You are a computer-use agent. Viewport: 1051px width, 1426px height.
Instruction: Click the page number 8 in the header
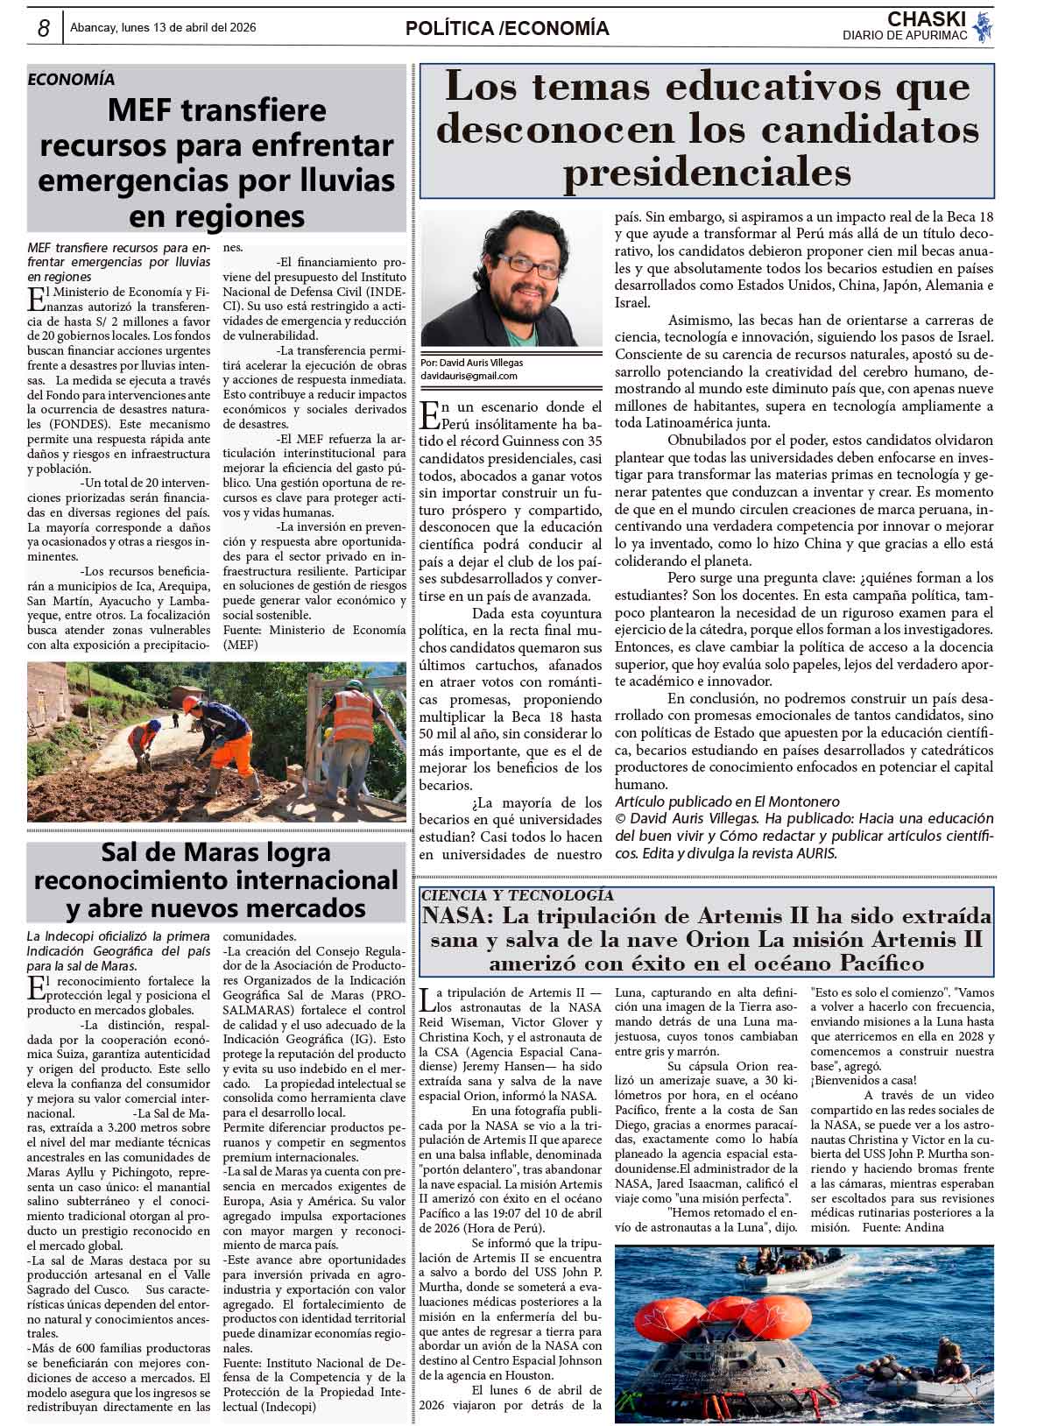tap(43, 29)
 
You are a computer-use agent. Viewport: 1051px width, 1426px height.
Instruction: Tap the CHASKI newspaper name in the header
tap(926, 19)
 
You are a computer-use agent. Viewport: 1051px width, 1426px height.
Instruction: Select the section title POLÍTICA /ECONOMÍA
tap(507, 29)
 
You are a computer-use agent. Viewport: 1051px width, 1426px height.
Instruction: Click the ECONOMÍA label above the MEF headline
tap(71, 79)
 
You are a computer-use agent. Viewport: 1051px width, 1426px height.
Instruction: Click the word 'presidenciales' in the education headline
tap(707, 173)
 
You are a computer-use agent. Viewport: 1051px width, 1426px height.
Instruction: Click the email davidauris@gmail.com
tap(469, 376)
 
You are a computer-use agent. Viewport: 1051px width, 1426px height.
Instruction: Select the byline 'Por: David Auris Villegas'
tap(472, 363)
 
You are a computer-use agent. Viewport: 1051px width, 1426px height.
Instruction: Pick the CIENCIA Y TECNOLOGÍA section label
tap(517, 895)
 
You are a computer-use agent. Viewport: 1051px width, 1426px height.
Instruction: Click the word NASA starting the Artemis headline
tap(455, 917)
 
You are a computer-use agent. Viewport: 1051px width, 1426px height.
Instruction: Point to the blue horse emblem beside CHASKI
tap(983, 26)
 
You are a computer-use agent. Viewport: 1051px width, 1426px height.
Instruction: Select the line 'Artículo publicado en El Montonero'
tap(727, 801)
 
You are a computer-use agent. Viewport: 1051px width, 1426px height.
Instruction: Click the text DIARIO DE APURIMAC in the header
tap(905, 35)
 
